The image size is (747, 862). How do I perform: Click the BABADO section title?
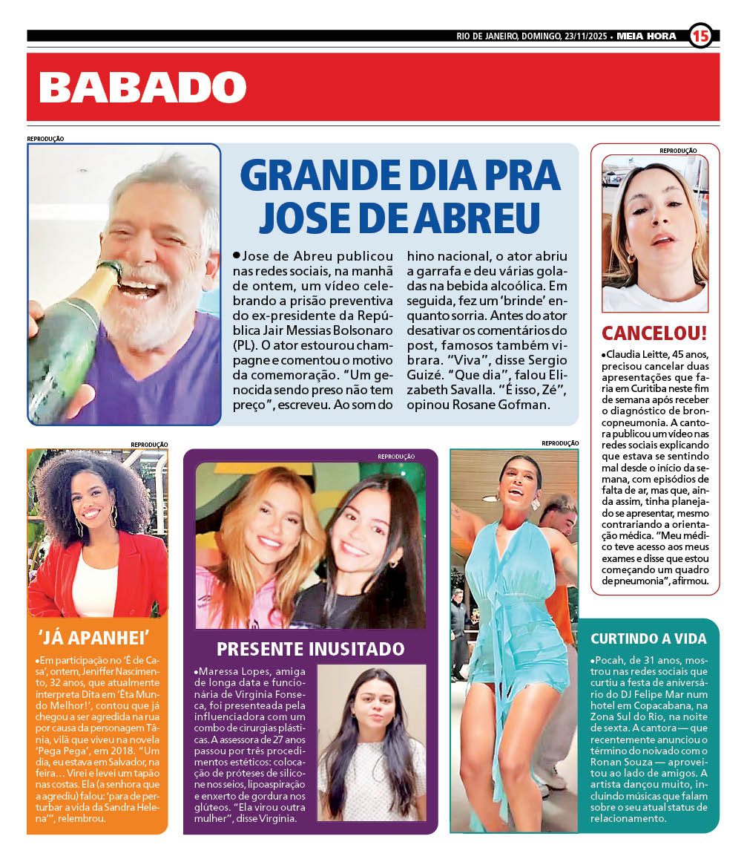[142, 88]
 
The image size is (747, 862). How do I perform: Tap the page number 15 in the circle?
[700, 36]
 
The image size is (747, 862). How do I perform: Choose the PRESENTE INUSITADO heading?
[310, 649]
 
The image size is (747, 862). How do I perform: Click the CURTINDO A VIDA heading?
[648, 639]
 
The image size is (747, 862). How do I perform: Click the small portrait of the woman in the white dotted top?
[371, 742]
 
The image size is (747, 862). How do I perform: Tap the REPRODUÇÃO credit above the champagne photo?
[46, 139]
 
